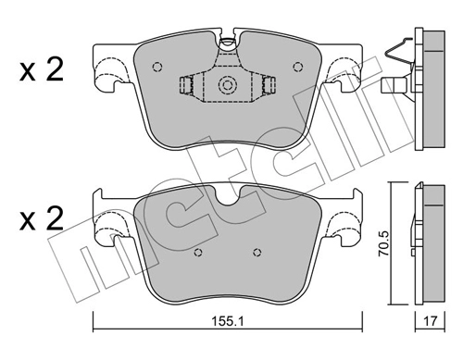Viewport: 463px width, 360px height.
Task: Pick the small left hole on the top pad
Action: [156, 66]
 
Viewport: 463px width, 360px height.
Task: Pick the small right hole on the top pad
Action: [298, 66]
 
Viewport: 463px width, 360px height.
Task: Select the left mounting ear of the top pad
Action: [109, 76]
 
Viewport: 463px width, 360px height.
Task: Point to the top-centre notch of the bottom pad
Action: [227, 192]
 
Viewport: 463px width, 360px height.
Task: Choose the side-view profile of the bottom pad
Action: [429, 242]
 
